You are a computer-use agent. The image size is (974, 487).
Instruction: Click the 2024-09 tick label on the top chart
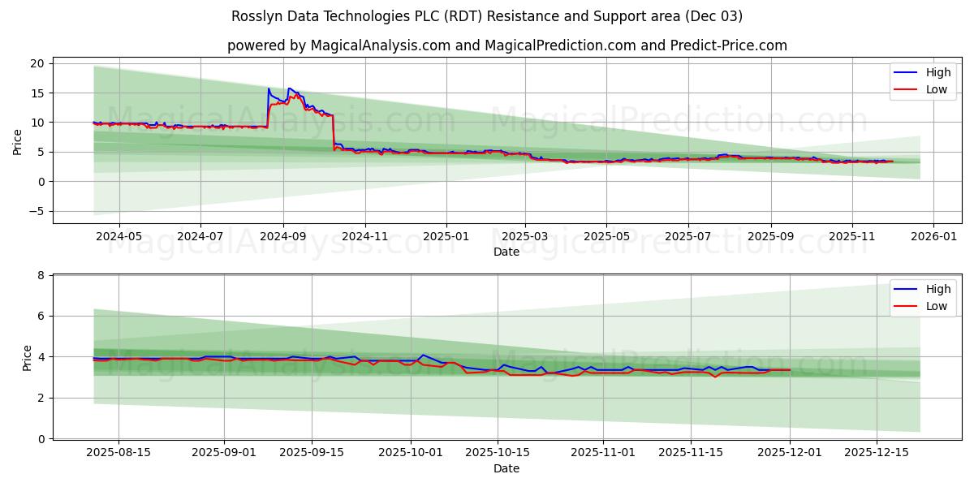coord(283,236)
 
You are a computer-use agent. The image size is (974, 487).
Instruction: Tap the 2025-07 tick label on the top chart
coord(688,236)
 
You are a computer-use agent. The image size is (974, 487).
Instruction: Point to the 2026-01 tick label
coord(933,236)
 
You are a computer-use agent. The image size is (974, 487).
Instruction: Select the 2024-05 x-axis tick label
coord(119,236)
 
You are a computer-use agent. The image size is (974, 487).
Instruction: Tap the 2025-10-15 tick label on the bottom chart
coord(497,452)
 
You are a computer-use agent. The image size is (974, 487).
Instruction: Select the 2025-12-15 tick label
coord(876,452)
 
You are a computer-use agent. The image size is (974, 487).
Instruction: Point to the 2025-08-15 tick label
coord(119,452)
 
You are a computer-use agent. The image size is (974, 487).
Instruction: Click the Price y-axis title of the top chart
coord(18,140)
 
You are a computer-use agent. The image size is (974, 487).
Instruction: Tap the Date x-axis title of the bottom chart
coord(506,468)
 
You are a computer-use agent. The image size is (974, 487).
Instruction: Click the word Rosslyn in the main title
coord(258,16)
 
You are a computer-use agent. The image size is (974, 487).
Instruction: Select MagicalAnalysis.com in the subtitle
coord(380,45)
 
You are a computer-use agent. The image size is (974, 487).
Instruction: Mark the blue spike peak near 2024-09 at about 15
coord(269,88)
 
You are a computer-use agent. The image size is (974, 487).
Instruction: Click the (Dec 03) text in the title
coord(713,16)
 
